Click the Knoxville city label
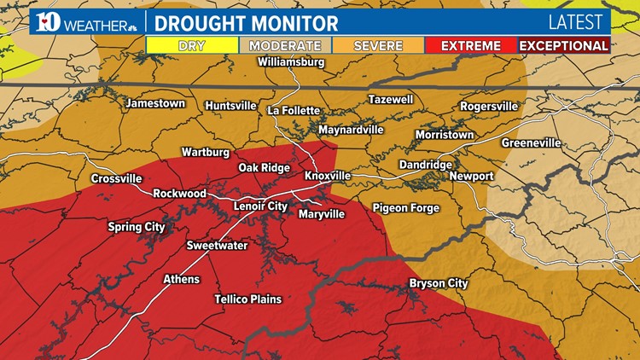[328, 176]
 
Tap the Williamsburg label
[292, 63]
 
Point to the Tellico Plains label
[247, 299]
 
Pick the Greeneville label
[531, 142]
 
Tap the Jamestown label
[155, 103]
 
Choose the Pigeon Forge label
[405, 208]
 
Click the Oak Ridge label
[264, 168]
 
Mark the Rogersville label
[489, 107]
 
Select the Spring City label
[137, 227]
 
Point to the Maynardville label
[351, 131]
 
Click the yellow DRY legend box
[192, 45]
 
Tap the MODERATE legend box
[285, 45]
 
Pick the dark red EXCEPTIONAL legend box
[564, 45]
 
